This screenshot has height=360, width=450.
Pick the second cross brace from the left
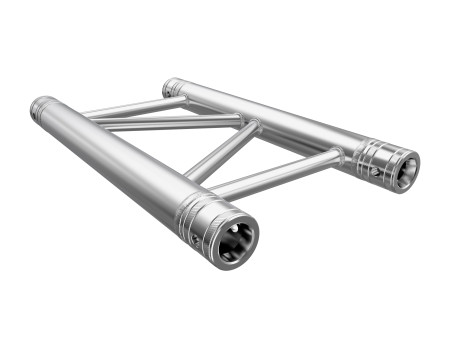170,123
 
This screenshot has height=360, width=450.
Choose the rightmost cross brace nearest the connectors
270,171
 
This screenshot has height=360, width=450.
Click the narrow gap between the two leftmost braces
150,115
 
